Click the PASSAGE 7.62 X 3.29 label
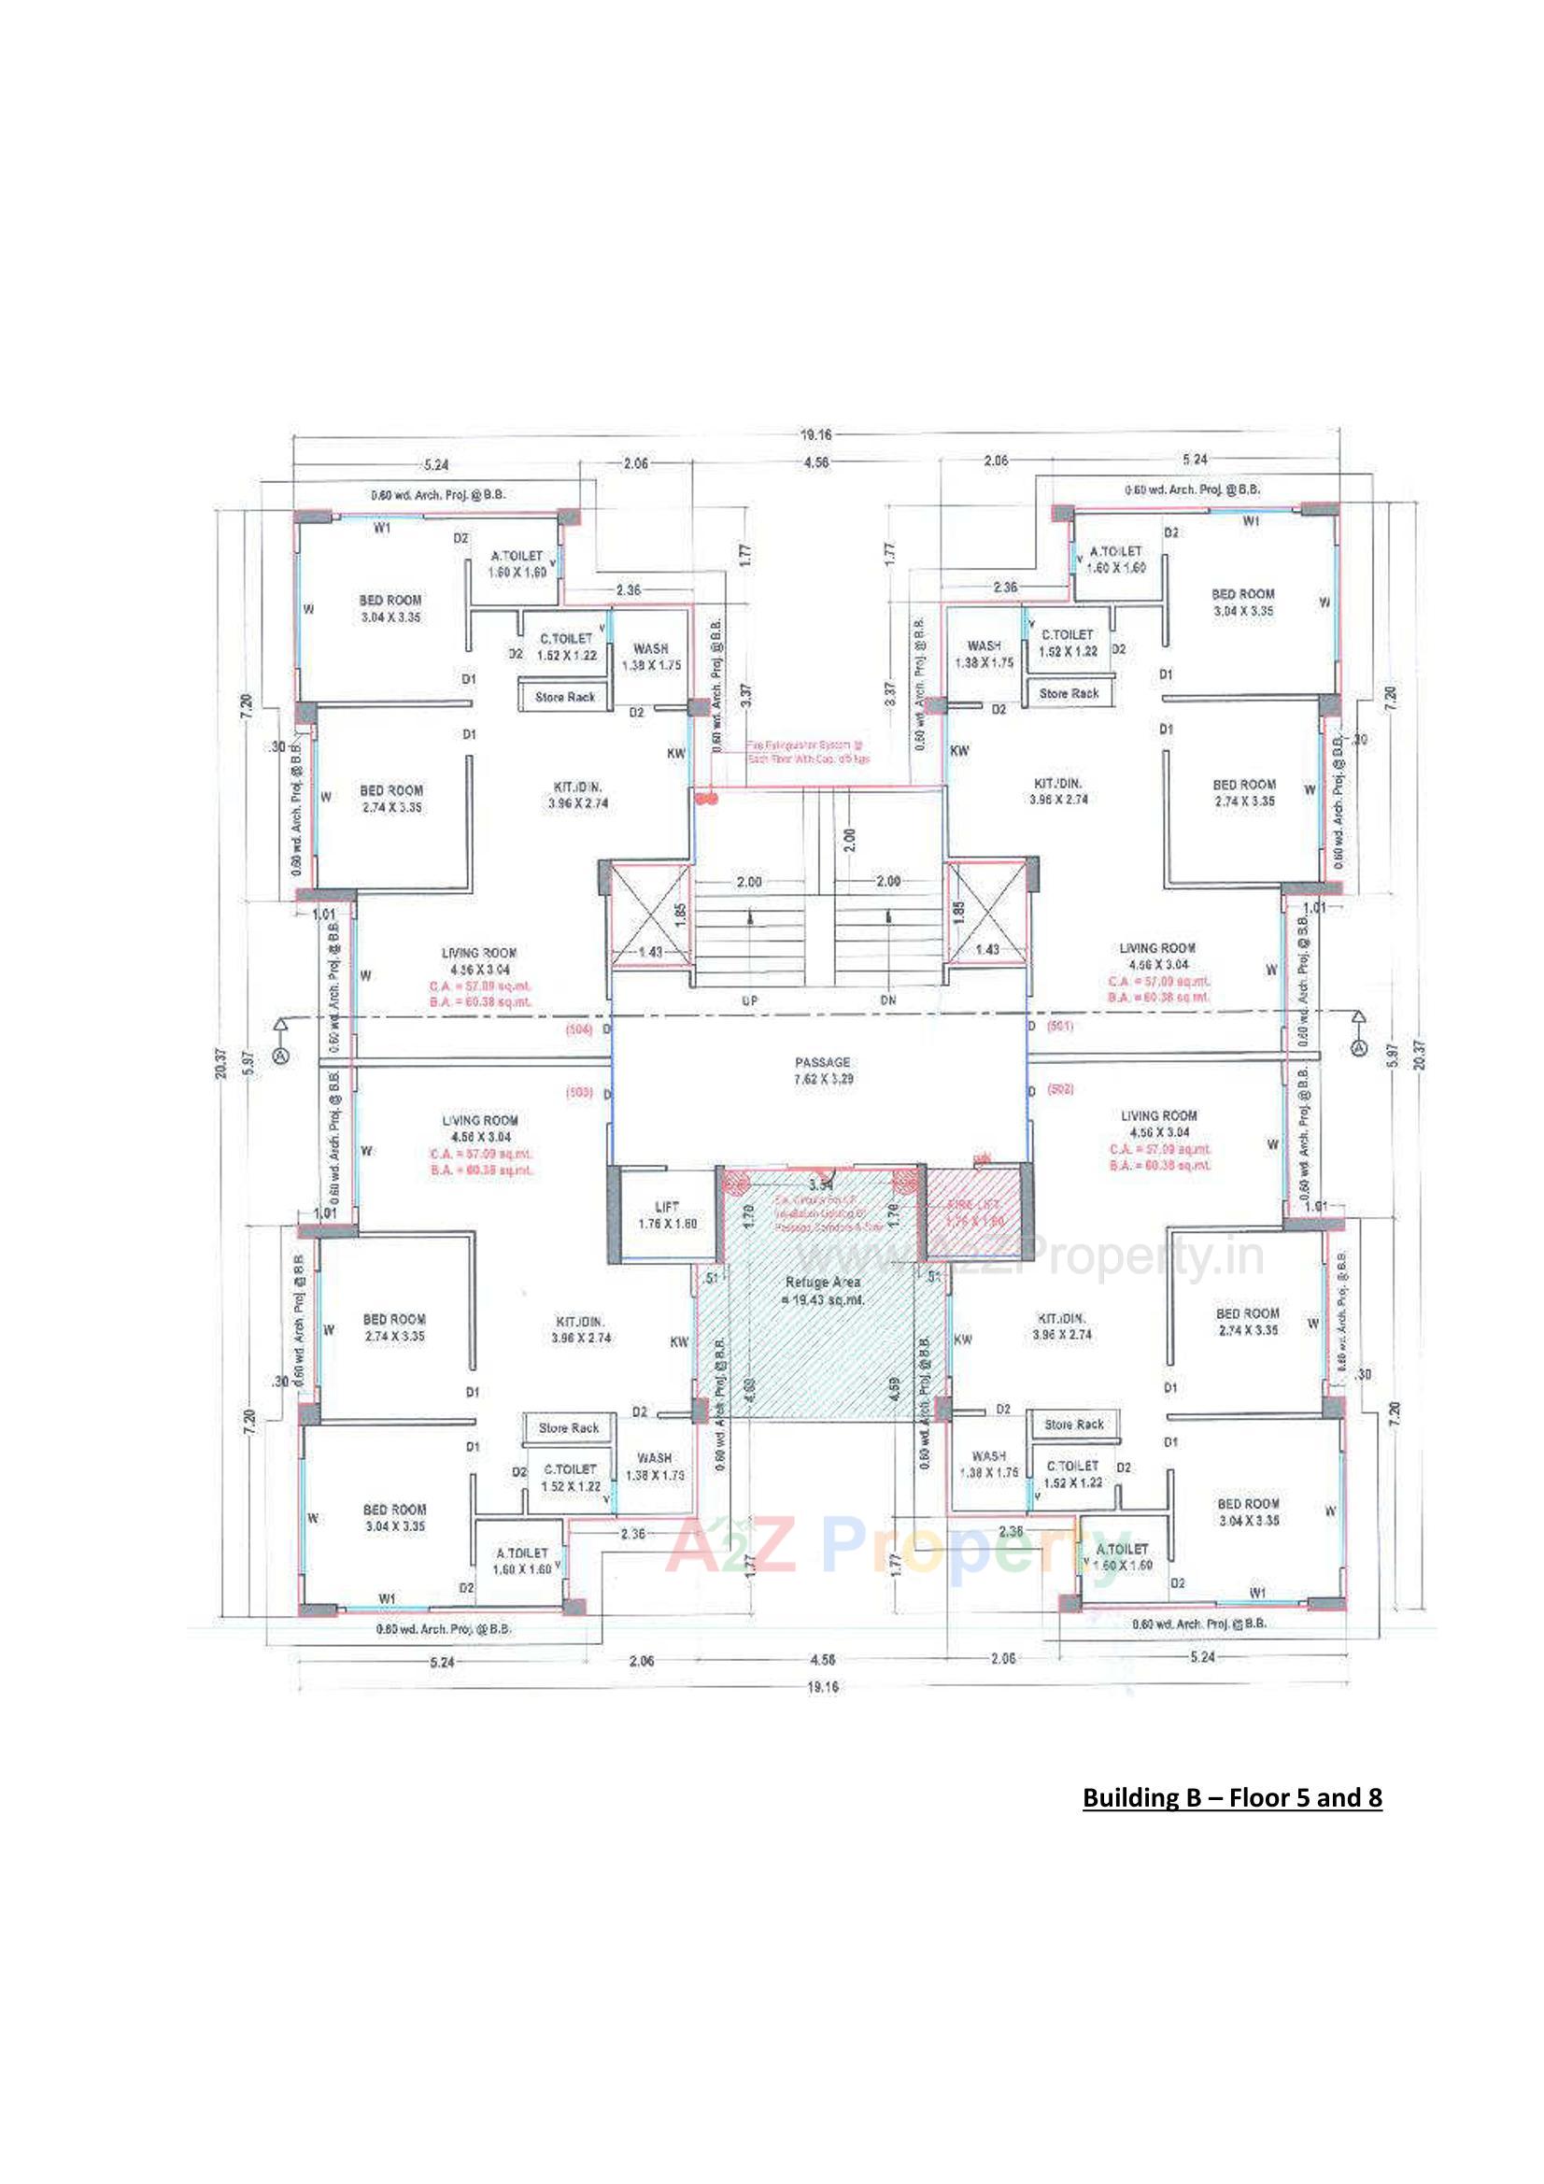[x=823, y=1071]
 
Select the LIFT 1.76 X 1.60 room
[x=667, y=1214]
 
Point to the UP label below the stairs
[x=750, y=1000]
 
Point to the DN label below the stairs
[x=887, y=1000]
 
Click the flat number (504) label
[x=578, y=1029]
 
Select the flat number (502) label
[x=1061, y=1089]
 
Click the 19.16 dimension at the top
[x=815, y=434]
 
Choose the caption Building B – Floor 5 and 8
[x=1232, y=1798]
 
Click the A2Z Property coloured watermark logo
[x=894, y=1546]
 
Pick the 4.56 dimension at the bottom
[x=822, y=1659]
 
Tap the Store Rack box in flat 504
[x=564, y=697]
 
